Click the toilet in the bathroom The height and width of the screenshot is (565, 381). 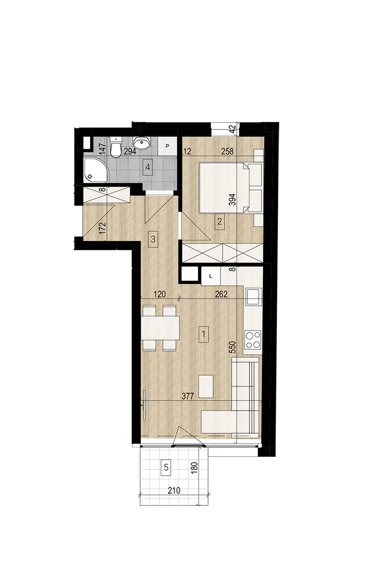click(x=116, y=147)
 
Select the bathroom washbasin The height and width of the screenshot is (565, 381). click(x=142, y=143)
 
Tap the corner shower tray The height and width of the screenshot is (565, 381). click(x=96, y=170)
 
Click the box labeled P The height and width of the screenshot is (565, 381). click(x=167, y=146)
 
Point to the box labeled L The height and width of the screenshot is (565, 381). click(x=211, y=276)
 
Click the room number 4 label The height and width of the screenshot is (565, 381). click(x=148, y=167)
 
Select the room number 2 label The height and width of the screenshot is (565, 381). click(x=220, y=222)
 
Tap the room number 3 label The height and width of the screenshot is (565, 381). click(x=153, y=239)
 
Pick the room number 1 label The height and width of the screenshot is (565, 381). click(x=204, y=335)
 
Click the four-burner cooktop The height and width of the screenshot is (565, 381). click(x=253, y=340)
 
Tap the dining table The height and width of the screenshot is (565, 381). click(x=160, y=328)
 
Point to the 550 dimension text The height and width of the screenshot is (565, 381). click(x=232, y=347)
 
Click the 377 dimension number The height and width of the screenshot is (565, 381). click(x=188, y=396)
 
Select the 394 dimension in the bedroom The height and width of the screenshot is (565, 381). click(x=232, y=200)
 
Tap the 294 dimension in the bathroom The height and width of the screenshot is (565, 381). click(x=130, y=151)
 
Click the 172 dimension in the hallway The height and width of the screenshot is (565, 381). click(x=103, y=228)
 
